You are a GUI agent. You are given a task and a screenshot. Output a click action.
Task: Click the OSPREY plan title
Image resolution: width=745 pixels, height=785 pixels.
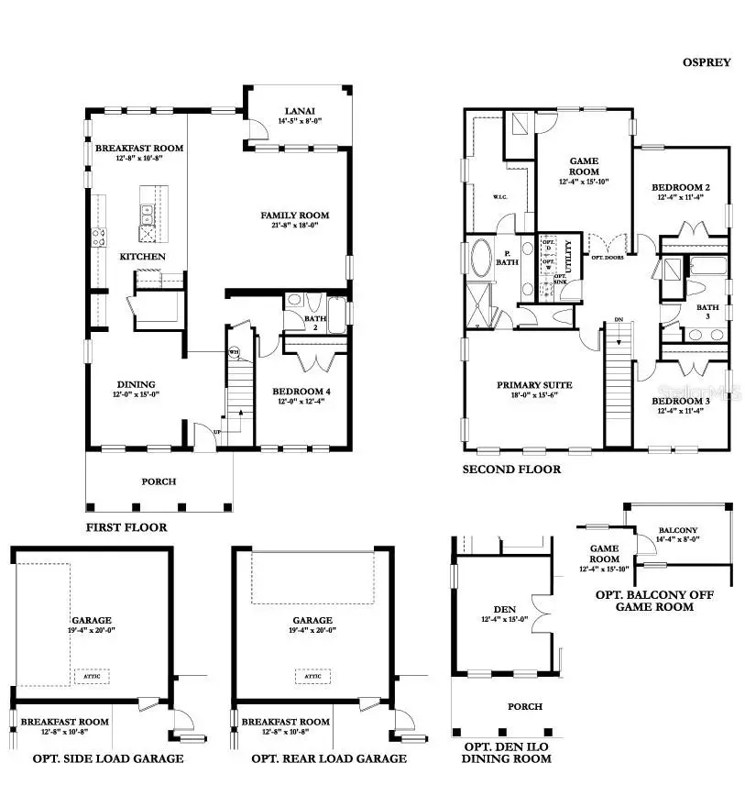706,62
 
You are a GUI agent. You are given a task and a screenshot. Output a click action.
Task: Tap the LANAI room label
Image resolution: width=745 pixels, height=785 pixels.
298,120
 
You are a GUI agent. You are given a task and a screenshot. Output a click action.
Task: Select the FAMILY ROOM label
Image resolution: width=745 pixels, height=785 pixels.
294,216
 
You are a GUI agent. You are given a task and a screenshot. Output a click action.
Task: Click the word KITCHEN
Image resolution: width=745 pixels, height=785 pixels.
143,257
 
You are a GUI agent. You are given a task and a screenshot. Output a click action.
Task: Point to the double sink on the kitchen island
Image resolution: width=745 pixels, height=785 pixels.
147,215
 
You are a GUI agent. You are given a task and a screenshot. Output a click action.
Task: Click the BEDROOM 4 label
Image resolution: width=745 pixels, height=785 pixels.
301,392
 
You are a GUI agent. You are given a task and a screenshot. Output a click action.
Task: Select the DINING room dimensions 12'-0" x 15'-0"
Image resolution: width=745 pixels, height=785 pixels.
135,395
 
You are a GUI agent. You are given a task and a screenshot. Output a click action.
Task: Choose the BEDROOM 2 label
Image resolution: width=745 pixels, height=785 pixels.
684,187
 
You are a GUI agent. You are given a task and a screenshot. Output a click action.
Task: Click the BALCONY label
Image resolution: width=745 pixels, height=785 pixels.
678,530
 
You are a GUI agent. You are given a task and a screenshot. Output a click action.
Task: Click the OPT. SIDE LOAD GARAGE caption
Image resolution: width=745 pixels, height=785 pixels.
108,758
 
